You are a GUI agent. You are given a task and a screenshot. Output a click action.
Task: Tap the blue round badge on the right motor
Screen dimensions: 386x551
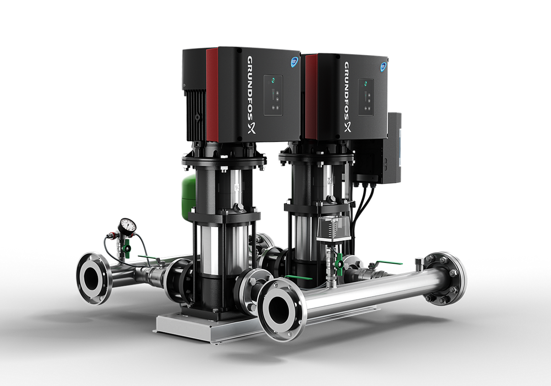click(384, 67)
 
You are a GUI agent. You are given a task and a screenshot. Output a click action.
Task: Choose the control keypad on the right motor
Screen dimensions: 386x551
click(365, 96)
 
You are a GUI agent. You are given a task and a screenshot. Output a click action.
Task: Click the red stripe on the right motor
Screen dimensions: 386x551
click(311, 96)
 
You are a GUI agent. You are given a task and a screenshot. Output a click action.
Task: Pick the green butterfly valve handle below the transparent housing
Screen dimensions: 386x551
click(339, 264)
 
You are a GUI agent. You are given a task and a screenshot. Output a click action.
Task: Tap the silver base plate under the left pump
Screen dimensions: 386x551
click(193, 327)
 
